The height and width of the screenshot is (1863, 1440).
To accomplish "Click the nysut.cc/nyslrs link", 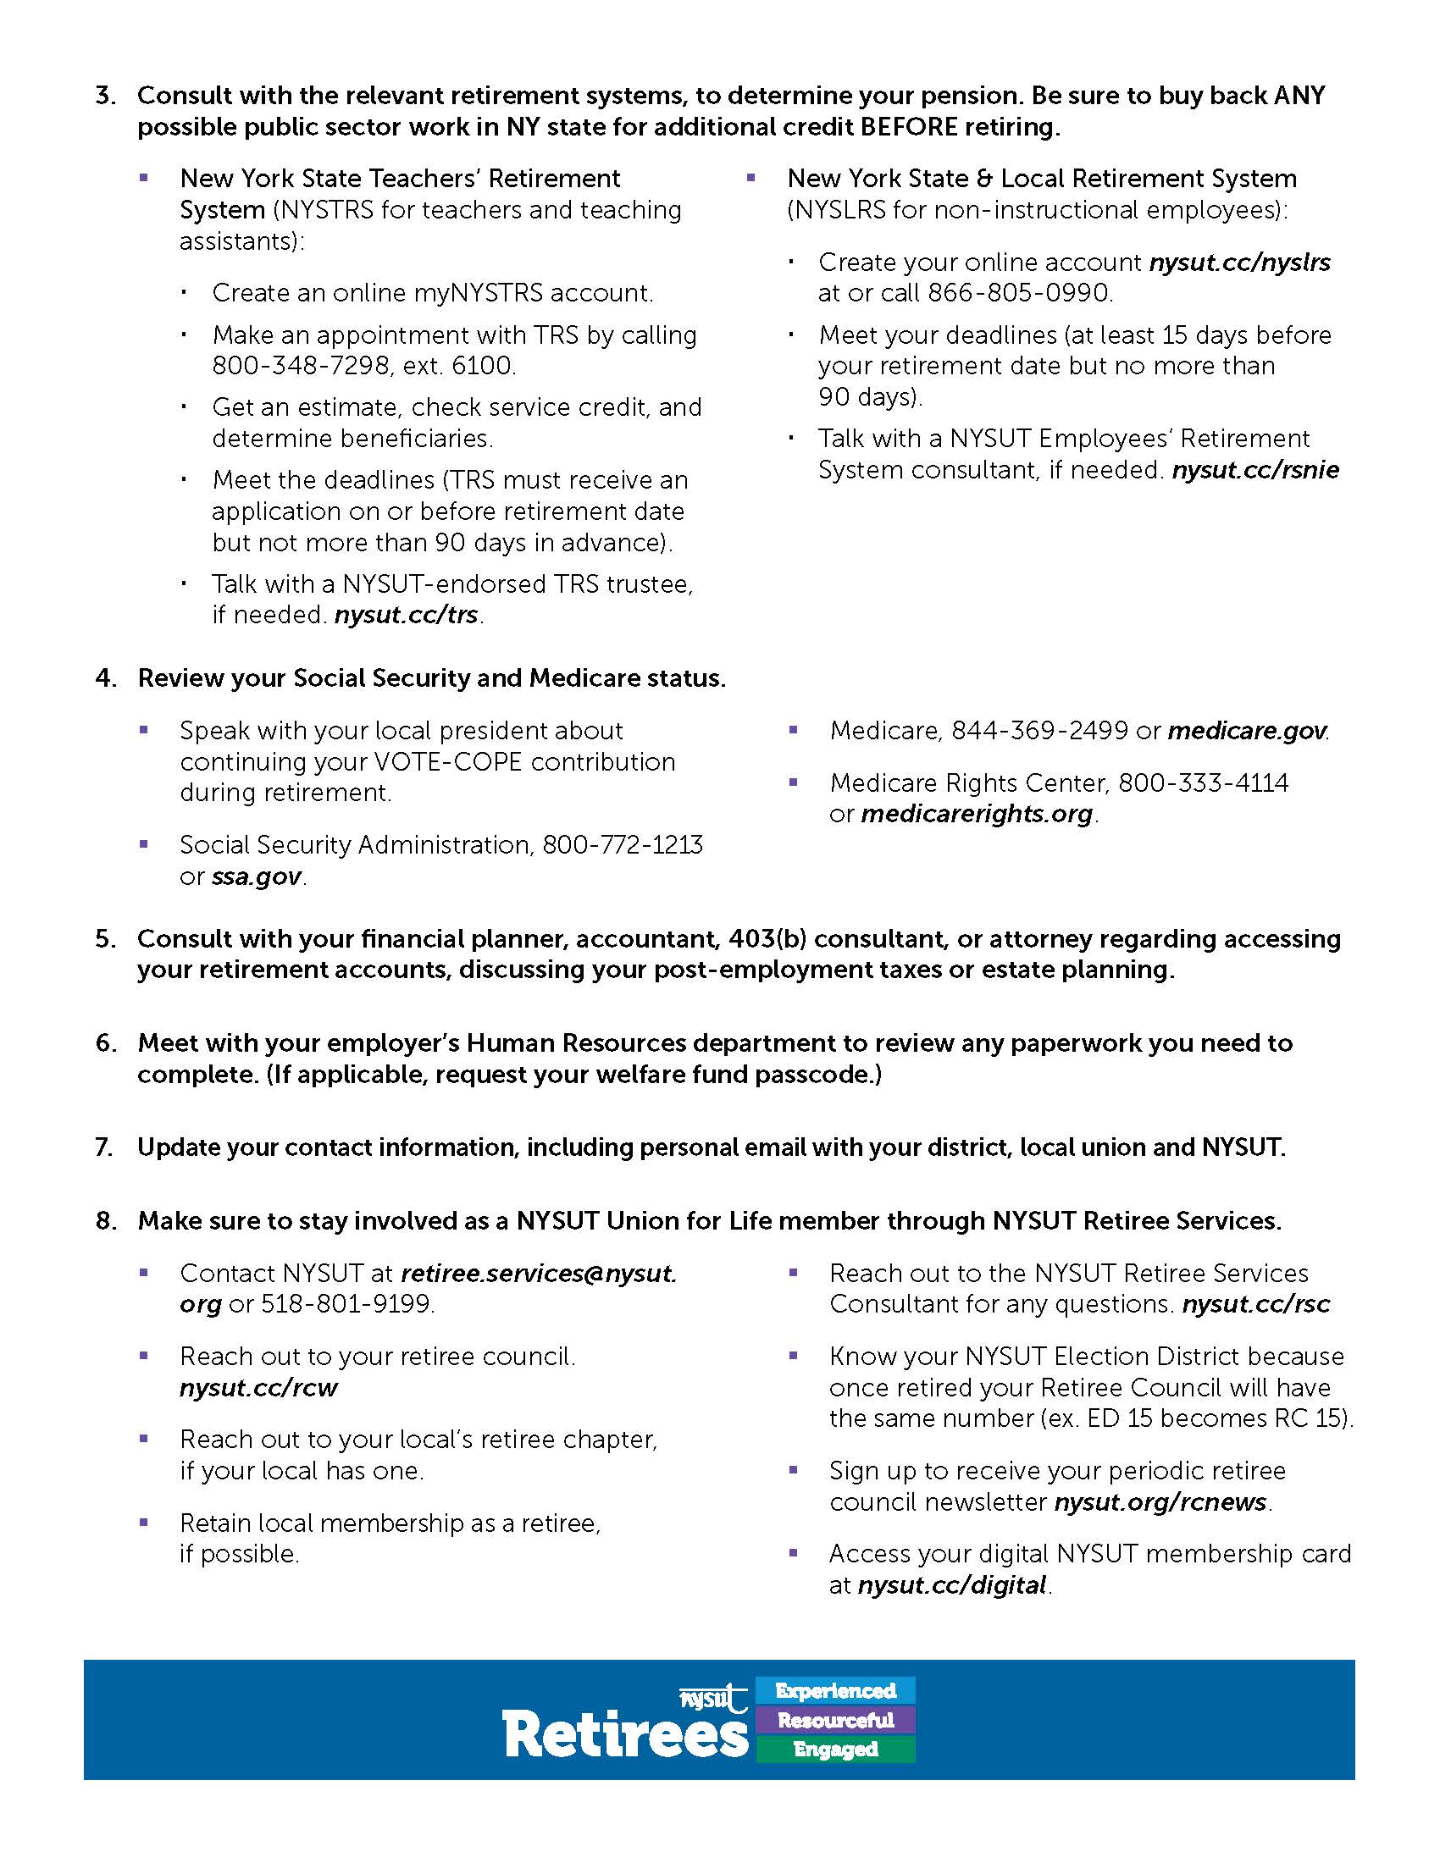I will [x=1239, y=263].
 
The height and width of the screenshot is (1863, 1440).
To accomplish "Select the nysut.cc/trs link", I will [x=406, y=615].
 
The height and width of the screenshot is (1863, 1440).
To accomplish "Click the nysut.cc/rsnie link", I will [x=1254, y=470].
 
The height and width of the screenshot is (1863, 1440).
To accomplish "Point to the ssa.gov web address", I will [x=256, y=877].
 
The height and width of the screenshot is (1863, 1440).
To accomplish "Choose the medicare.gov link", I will [x=1246, y=731].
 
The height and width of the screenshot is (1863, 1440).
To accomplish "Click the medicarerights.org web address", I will [x=977, y=815].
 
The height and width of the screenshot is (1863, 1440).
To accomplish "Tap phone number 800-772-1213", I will [x=623, y=845].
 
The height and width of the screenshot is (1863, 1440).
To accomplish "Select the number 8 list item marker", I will [x=105, y=1221].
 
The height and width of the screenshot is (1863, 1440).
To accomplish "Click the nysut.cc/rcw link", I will [x=258, y=1388].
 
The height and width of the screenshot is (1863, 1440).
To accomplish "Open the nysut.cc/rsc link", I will [x=1255, y=1304].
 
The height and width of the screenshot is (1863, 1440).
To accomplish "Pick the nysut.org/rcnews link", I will [x=1160, y=1502].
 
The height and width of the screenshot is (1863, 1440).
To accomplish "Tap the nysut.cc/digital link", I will [x=952, y=1586].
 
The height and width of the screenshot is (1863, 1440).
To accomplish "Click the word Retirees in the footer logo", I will [x=625, y=1735].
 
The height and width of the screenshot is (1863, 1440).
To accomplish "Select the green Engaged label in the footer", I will [x=835, y=1750].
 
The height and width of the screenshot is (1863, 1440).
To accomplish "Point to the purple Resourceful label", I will [x=835, y=1721].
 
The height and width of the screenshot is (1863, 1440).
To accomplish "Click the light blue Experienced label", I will [x=835, y=1691].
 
